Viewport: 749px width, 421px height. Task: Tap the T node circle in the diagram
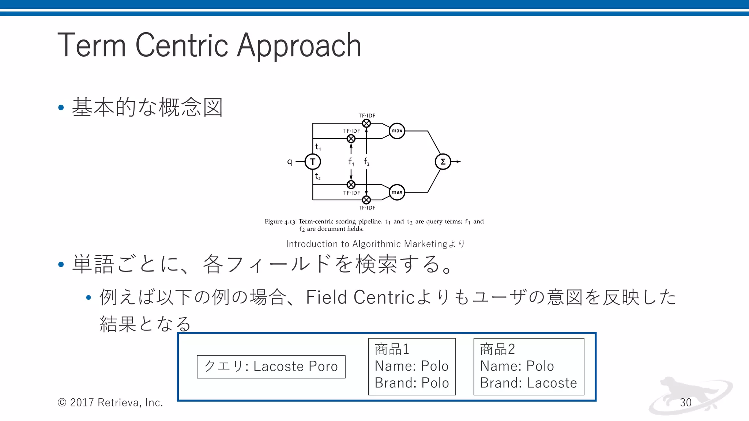pyautogui.click(x=313, y=162)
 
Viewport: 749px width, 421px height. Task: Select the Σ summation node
pyautogui.click(x=443, y=162)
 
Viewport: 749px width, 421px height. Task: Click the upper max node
pyautogui.click(x=397, y=131)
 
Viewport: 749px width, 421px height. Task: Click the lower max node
pyautogui.click(x=397, y=192)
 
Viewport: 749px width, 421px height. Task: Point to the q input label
pyautogui.click(x=290, y=161)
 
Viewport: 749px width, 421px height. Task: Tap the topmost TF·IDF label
pyautogui.click(x=367, y=115)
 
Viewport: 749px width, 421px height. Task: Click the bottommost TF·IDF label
pyautogui.click(x=367, y=208)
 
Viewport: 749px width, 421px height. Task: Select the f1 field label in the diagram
pyautogui.click(x=351, y=162)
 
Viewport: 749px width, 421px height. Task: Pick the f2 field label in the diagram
pyautogui.click(x=366, y=162)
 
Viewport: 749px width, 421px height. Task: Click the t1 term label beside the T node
pyautogui.click(x=318, y=147)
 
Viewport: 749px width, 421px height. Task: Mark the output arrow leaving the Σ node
pyautogui.click(x=456, y=162)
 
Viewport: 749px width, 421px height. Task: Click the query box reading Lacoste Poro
pyautogui.click(x=271, y=367)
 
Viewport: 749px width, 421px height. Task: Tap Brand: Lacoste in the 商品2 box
pyautogui.click(x=528, y=383)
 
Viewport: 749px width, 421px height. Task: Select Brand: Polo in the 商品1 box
pyautogui.click(x=411, y=383)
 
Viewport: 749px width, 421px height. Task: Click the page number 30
pyautogui.click(x=685, y=402)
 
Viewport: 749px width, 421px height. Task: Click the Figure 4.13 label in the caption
pyautogui.click(x=280, y=221)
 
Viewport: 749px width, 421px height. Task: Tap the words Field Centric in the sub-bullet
pyautogui.click(x=360, y=297)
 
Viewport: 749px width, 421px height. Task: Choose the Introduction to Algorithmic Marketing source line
pyautogui.click(x=375, y=244)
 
